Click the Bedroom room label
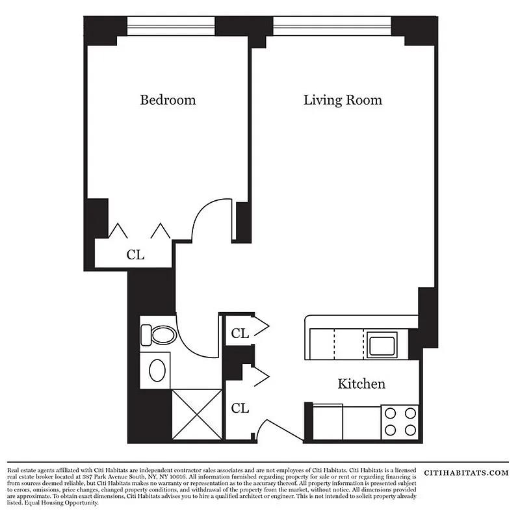pos(168,100)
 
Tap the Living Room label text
pos(343,100)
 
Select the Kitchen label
pos(361,384)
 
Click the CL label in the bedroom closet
pos(135,255)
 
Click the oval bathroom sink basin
pos(158,370)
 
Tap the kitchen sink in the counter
pos(382,344)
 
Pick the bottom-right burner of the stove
pos(409,430)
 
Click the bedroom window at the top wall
pos(170,27)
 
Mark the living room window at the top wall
pos(331,27)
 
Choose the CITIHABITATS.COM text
pos(465,473)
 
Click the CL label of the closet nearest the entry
pos(240,408)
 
